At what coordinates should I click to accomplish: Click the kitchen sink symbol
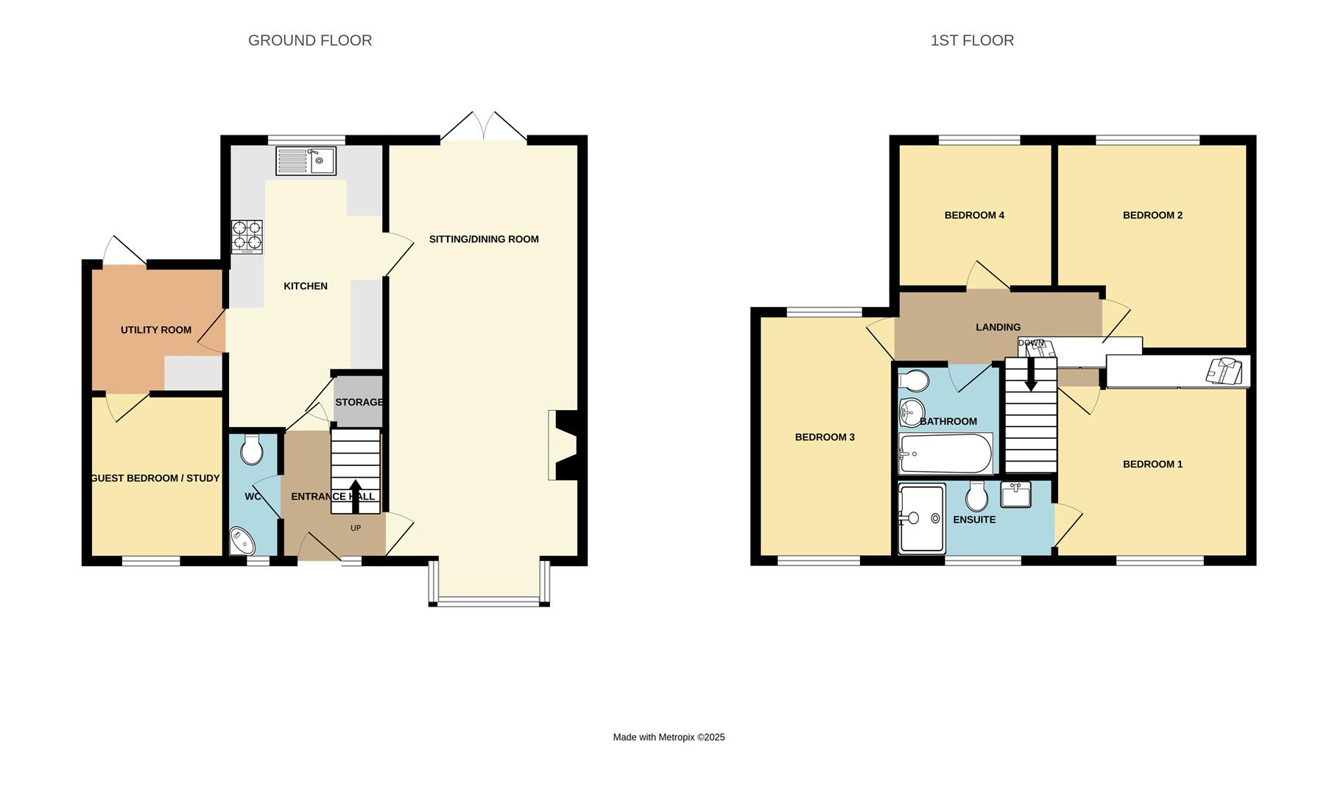tap(306, 160)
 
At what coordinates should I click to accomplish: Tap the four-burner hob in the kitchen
tap(247, 236)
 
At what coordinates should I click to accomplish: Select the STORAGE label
tap(359, 402)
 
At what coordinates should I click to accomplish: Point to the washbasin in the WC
tap(242, 541)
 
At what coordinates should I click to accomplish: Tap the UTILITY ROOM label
tap(156, 330)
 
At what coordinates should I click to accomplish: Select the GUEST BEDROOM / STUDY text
tap(155, 478)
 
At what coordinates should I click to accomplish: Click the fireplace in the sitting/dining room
tap(566, 445)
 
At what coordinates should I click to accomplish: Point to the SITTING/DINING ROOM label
tap(484, 239)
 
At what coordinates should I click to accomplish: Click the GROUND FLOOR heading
tap(310, 40)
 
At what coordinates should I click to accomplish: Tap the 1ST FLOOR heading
tap(972, 40)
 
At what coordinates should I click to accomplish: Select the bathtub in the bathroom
tap(946, 453)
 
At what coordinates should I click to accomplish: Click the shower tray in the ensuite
tap(922, 517)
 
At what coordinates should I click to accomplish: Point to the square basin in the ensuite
tap(1015, 494)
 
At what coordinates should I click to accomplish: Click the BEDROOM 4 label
tap(974, 215)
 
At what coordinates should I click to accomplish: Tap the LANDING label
tap(998, 327)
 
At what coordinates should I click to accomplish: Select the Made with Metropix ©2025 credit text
tap(669, 737)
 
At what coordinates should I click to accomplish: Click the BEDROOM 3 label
tap(825, 437)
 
